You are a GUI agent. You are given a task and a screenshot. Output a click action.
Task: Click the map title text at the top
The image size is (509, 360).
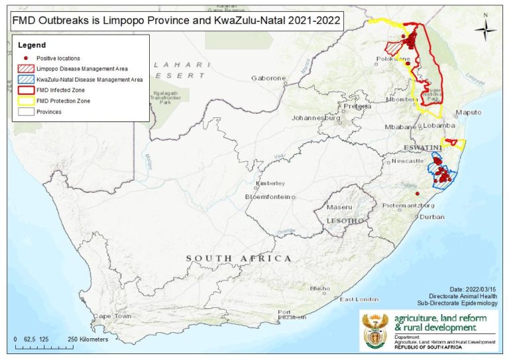point(176,20)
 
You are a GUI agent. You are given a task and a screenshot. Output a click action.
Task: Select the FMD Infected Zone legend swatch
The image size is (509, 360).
point(25,90)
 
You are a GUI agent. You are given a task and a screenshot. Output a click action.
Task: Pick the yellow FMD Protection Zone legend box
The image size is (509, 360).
point(25,101)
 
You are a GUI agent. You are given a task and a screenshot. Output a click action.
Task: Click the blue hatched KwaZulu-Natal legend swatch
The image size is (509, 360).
point(25,80)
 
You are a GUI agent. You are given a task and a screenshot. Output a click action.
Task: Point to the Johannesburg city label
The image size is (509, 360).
point(315,119)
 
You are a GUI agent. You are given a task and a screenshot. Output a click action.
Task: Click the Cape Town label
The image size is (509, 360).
point(111,316)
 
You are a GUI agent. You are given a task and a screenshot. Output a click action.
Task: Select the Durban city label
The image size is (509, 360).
point(431,217)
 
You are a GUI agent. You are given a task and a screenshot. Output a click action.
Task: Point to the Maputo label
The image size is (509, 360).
point(468,113)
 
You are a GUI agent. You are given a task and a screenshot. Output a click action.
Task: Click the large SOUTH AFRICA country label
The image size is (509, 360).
point(239,258)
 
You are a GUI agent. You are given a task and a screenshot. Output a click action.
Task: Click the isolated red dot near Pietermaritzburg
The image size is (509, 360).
point(417,194)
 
